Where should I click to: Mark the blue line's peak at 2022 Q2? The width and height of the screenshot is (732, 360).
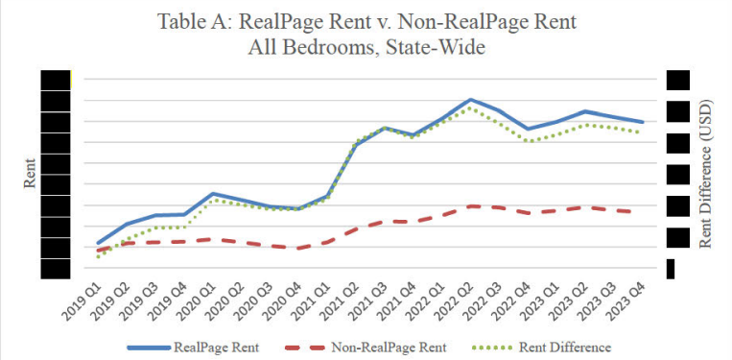click(470, 99)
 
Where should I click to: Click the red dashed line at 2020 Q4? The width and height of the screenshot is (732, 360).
click(298, 248)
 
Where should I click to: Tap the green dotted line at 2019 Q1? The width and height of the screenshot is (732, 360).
click(98, 257)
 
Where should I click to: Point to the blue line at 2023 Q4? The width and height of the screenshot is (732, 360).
click(642, 122)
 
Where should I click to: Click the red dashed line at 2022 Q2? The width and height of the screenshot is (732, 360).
click(470, 205)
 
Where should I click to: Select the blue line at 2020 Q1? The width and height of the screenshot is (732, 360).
click(212, 194)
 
